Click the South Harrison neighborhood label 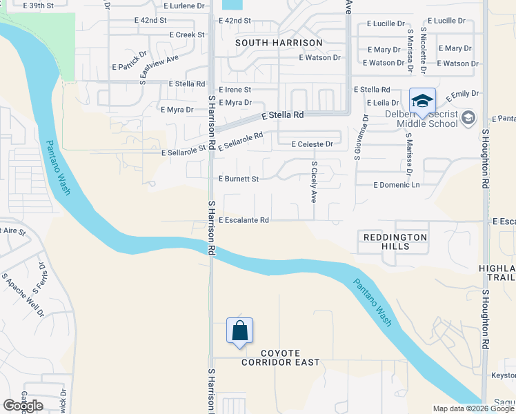pyautogui.click(x=279, y=43)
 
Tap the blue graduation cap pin pyautogui.click(x=422, y=101)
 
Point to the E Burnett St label pyautogui.click(x=238, y=179)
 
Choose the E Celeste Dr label pyautogui.click(x=312, y=144)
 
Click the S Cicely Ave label pyautogui.click(x=313, y=182)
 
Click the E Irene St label pyautogui.click(x=235, y=90)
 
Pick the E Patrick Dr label pyautogui.click(x=130, y=61)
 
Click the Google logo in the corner pyautogui.click(x=23, y=406)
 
